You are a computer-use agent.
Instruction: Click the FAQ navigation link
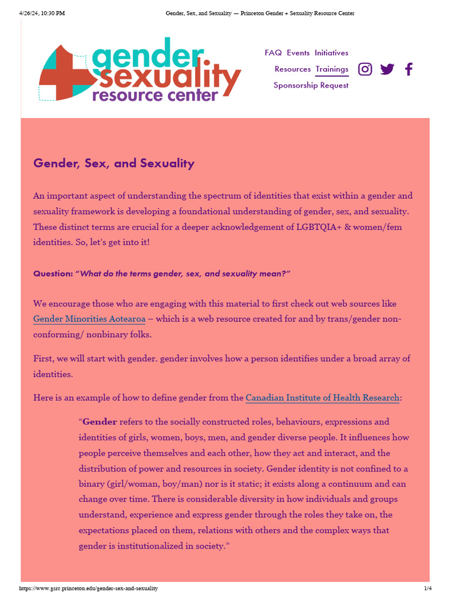point(273,53)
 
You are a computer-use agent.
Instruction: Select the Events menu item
point(298,53)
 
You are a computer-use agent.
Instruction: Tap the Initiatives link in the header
point(331,53)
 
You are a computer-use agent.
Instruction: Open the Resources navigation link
point(292,69)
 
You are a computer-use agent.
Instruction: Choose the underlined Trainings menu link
point(332,69)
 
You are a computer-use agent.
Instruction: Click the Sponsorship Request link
point(311,85)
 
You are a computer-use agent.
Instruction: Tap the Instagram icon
point(365,69)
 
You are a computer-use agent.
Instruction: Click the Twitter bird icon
point(387,69)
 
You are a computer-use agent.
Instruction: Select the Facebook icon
point(409,69)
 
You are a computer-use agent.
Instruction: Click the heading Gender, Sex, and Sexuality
point(114,163)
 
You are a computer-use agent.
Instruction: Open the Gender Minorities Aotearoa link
point(89,319)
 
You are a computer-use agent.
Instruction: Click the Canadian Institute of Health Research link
point(322,398)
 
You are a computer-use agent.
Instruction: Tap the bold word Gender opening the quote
point(100,422)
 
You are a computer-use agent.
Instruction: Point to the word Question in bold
point(52,274)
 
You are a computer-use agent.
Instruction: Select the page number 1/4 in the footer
point(428,588)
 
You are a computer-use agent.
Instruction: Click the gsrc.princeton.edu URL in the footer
point(89,588)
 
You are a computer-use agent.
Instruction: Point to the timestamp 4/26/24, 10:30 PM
point(42,13)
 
